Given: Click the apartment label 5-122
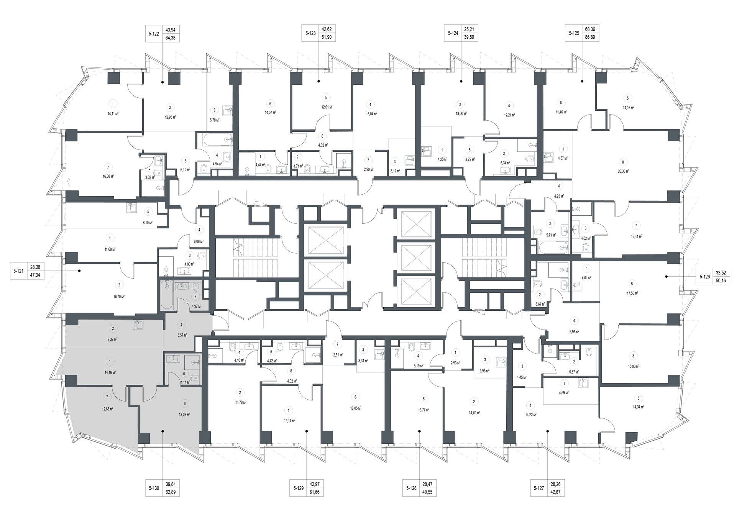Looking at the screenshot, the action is click(x=154, y=34).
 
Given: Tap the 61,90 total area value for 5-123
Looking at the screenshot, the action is click(x=327, y=38).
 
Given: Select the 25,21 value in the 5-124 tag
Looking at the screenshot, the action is click(x=469, y=29).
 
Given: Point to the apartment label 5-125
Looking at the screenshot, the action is click(x=574, y=33).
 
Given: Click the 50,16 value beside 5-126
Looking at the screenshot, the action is click(x=721, y=280).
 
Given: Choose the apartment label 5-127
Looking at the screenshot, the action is click(x=539, y=489).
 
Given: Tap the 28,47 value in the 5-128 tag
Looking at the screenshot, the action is click(x=427, y=484).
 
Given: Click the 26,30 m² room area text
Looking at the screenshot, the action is click(x=623, y=172).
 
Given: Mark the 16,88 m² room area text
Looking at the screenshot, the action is click(x=108, y=177).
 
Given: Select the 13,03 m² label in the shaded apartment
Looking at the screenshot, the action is click(x=184, y=414).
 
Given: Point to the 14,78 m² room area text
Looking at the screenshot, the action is click(x=240, y=402).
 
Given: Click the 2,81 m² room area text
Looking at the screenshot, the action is click(x=337, y=355).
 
